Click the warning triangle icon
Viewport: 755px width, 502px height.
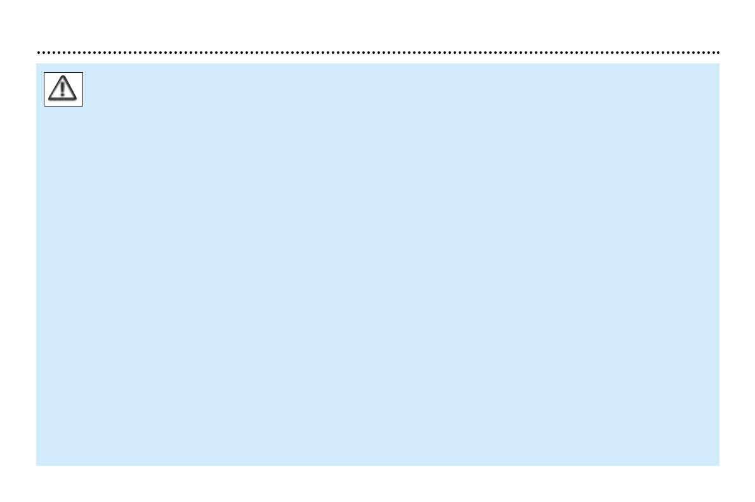pyautogui.click(x=63, y=89)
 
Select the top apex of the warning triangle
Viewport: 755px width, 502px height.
pyautogui.click(x=63, y=77)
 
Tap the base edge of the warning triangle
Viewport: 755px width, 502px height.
pyautogui.click(x=63, y=100)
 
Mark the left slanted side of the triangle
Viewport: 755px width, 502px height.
pyautogui.click(x=56, y=88)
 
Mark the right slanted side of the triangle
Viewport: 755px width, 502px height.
pyautogui.click(x=70, y=88)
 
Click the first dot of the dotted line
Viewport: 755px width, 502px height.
pyautogui.click(x=38, y=53)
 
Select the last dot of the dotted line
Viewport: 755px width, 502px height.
pyautogui.click(x=718, y=53)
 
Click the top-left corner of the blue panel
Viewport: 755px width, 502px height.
pyautogui.click(x=37, y=63)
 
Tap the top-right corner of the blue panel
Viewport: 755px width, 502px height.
pyautogui.click(x=719, y=63)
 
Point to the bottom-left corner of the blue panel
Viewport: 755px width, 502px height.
pyautogui.click(x=37, y=465)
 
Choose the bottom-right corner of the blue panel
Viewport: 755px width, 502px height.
pyautogui.click(x=719, y=465)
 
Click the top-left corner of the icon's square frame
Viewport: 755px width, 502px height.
pyautogui.click(x=44, y=72)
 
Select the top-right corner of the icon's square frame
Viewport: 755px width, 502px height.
pyautogui.click(x=83, y=72)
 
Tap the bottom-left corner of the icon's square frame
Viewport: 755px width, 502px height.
pyautogui.click(x=44, y=106)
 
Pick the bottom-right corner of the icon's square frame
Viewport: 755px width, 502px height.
pyautogui.click(x=83, y=106)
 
